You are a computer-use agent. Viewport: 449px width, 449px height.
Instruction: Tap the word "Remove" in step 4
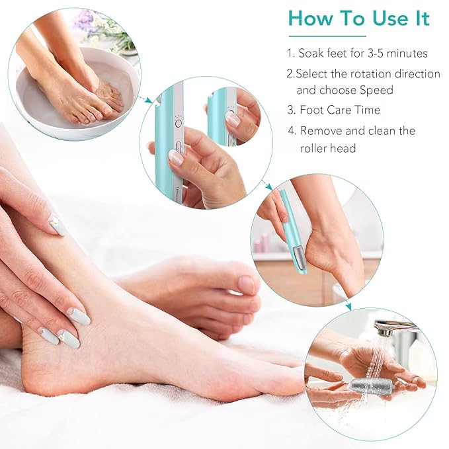[x=321, y=130]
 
